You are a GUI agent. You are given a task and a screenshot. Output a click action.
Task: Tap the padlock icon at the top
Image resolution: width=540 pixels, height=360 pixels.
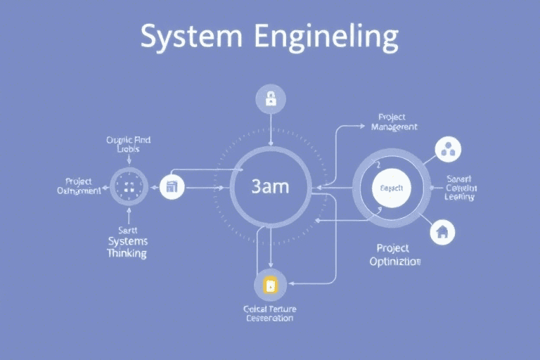click(x=270, y=99)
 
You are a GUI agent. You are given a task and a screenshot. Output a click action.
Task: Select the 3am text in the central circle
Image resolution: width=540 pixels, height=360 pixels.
click(x=270, y=187)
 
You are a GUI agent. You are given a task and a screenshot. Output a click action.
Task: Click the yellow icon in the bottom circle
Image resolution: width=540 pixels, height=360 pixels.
click(x=270, y=285)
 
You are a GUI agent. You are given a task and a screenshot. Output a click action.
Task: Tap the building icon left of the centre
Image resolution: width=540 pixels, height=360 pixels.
click(x=172, y=187)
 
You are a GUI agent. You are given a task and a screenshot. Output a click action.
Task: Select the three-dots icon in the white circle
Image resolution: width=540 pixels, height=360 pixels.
click(x=447, y=148)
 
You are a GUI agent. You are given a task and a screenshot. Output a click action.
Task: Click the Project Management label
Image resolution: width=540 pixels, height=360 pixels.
click(x=394, y=122)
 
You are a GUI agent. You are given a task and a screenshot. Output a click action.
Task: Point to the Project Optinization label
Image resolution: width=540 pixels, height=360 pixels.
click(x=394, y=255)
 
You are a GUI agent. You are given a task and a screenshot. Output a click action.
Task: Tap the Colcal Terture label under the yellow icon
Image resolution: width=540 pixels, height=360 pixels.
click(x=270, y=313)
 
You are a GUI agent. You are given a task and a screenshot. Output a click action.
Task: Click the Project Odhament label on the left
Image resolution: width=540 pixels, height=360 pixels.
click(x=79, y=186)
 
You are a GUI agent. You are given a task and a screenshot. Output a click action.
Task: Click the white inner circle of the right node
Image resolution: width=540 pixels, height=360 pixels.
click(x=390, y=188)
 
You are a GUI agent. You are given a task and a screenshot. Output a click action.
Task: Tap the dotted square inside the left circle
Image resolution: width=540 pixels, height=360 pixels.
click(x=129, y=187)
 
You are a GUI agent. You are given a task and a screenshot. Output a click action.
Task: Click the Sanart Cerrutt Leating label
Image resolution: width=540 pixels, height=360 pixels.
click(x=461, y=188)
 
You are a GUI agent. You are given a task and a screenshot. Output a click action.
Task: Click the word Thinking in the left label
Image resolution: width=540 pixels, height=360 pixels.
click(x=127, y=253)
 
